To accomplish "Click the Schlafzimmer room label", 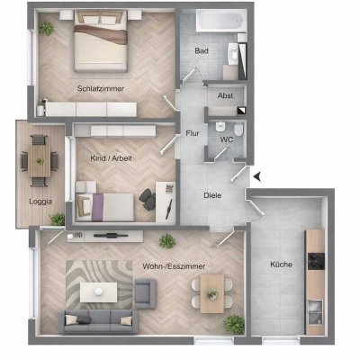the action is pyautogui.click(x=101, y=89).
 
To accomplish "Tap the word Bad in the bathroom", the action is pyautogui.click(x=202, y=51).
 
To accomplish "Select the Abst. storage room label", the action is pyautogui.click(x=226, y=96).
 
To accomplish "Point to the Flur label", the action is pyautogui.click(x=193, y=133).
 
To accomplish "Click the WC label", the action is pyautogui.click(x=227, y=139).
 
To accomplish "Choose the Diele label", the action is pyautogui.click(x=212, y=195).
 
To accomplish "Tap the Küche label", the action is pyautogui.click(x=281, y=265).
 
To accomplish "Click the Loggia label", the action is pyautogui.click(x=40, y=202).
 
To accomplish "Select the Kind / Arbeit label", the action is pyautogui.click(x=112, y=158).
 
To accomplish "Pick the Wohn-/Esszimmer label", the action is pyautogui.click(x=174, y=266).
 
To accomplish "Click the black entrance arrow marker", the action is pyautogui.click(x=257, y=177).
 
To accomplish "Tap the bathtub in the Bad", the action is pyautogui.click(x=220, y=20).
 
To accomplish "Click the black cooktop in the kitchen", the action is pyautogui.click(x=316, y=261).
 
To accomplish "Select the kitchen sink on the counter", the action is pyautogui.click(x=315, y=312).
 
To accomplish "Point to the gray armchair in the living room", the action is pyautogui.click(x=146, y=293).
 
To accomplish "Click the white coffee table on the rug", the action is pyautogui.click(x=99, y=292).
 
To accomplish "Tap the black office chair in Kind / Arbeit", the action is pyautogui.click(x=148, y=200).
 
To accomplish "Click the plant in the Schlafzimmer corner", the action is pyautogui.click(x=46, y=29).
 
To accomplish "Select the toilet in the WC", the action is pyautogui.click(x=238, y=130).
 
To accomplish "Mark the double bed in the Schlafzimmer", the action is pyautogui.click(x=101, y=41).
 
